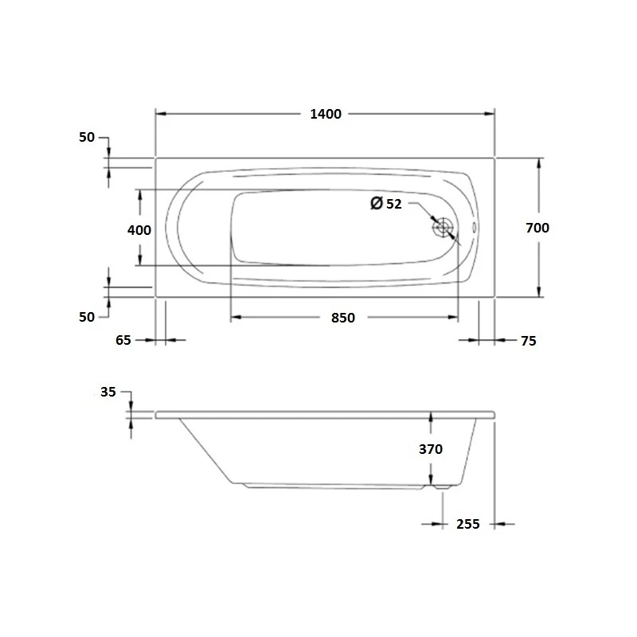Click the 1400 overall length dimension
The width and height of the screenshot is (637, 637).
[325, 114]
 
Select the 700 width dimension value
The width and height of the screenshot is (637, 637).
[537, 228]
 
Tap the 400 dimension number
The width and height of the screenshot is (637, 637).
[139, 230]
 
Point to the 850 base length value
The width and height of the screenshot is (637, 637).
[342, 318]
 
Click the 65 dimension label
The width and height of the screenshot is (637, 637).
[123, 340]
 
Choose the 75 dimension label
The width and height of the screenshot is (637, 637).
[528, 341]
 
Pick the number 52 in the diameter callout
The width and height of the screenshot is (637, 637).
[393, 204]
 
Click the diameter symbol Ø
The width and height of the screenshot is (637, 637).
[377, 204]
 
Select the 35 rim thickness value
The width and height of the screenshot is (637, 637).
[109, 392]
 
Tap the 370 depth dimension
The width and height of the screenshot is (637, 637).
[430, 449]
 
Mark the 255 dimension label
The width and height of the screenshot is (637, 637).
[468, 524]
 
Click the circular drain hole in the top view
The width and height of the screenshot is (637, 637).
[444, 228]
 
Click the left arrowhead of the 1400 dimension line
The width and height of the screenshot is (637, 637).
[159, 114]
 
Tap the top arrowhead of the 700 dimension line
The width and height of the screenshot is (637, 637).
[541, 162]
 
